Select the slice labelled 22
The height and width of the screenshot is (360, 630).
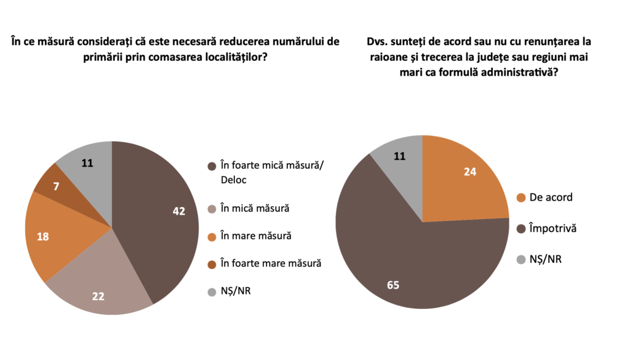tap(102, 289)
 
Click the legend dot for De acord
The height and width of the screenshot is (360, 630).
tap(521, 198)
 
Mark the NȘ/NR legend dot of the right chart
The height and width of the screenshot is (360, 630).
tap(521, 259)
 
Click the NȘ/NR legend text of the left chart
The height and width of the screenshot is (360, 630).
tap(236, 290)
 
